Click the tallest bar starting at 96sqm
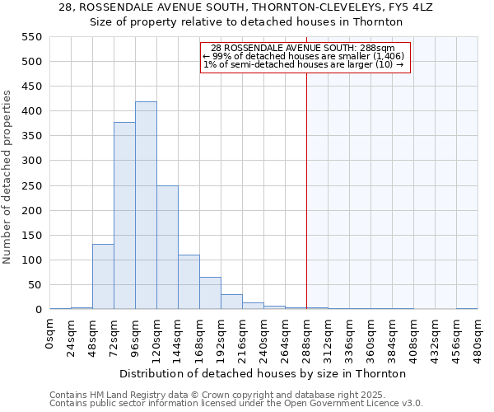click(x=146, y=206)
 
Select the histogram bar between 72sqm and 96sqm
click(x=124, y=216)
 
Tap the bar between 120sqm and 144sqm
click(x=167, y=247)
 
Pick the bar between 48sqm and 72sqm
click(x=103, y=277)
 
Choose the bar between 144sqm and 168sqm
click(x=189, y=283)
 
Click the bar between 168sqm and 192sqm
click(x=210, y=293)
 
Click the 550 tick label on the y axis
click(x=30, y=37)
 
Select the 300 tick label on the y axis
click(x=30, y=162)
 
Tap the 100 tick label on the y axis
click(x=30, y=260)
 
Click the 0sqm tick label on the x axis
click(x=50, y=333)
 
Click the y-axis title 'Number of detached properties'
click(x=8, y=178)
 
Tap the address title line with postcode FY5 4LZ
click(x=252, y=7)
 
